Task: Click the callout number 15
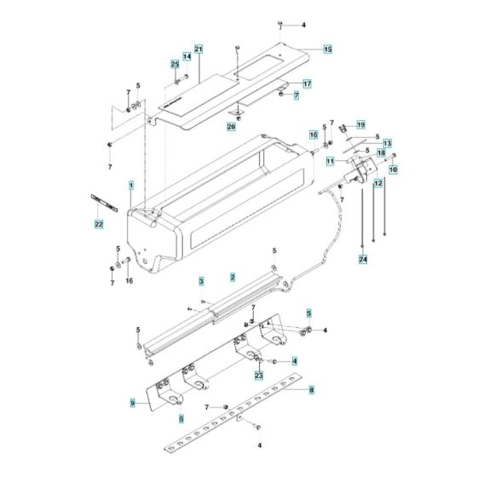tap(327, 49)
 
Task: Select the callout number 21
tap(198, 49)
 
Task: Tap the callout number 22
tap(99, 224)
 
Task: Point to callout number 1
tap(131, 185)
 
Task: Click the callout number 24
tap(362, 258)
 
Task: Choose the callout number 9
tap(133, 402)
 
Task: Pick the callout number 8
tap(312, 390)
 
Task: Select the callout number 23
tap(258, 374)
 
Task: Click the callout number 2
tap(232, 277)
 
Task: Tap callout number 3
tap(201, 280)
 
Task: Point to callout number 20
tap(230, 127)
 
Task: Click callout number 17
tap(307, 83)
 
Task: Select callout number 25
tap(175, 65)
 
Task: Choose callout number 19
tap(360, 124)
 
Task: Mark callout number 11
tap(330, 160)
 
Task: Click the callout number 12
tap(377, 182)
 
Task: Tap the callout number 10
tap(394, 169)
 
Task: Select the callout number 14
tap(187, 56)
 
